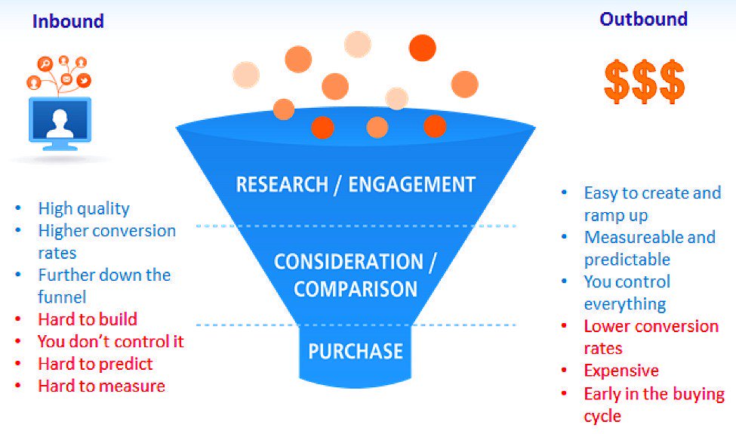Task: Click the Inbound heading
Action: tap(68, 21)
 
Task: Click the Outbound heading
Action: tap(643, 20)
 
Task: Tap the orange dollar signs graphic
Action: tap(644, 82)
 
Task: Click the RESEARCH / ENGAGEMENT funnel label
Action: tap(356, 184)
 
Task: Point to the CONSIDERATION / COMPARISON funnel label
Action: tap(356, 275)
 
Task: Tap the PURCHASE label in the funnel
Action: tap(356, 351)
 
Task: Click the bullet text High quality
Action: tap(84, 208)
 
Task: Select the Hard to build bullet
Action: tap(88, 319)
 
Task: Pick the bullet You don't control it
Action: tap(111, 341)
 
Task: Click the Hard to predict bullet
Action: tap(95, 364)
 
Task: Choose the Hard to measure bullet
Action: tap(101, 386)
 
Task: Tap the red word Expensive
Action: tap(621, 371)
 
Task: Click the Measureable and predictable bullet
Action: tap(649, 248)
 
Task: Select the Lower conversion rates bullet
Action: tap(651, 337)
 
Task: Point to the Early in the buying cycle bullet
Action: tap(654, 405)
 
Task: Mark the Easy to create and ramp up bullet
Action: tap(652, 204)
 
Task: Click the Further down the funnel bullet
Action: tap(104, 285)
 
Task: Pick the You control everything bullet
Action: tap(627, 293)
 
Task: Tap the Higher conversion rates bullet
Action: tap(106, 242)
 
